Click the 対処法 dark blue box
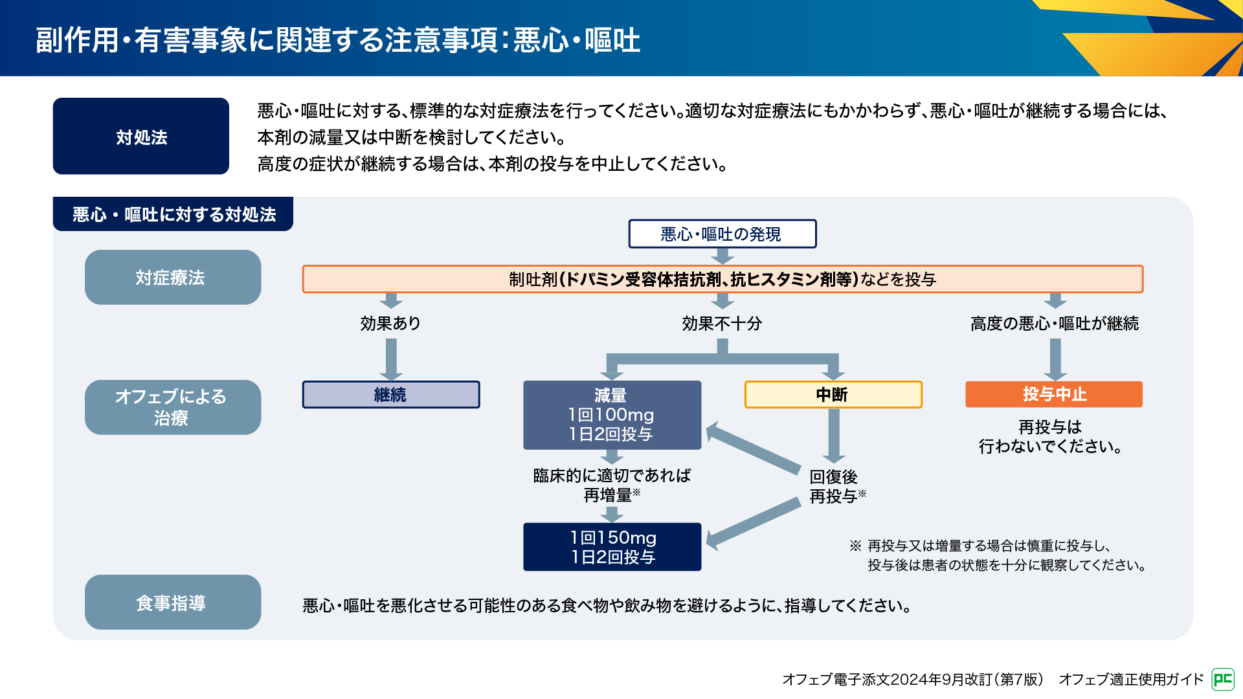(140, 136)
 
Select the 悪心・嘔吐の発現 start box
(722, 234)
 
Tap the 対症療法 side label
(172, 278)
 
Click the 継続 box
(390, 395)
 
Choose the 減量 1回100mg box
(612, 415)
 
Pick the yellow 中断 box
(833, 395)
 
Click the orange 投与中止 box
(1053, 394)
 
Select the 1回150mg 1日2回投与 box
(612, 547)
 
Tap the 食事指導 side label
(172, 603)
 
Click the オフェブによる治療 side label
(172, 407)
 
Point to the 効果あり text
(390, 323)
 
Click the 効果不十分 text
(722, 323)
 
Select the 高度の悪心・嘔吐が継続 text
(1054, 323)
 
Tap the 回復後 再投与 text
(836, 487)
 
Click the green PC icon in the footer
(1222, 679)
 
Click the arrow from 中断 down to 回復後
(834, 435)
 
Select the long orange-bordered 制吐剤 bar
(722, 279)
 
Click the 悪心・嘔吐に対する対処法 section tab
(173, 214)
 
